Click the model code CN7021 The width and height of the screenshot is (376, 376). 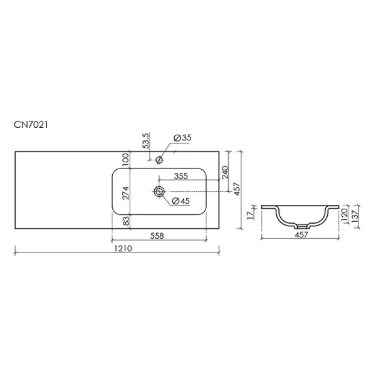click(x=31, y=125)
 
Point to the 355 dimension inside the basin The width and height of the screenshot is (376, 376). click(x=182, y=177)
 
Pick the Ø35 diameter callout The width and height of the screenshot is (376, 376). click(x=181, y=138)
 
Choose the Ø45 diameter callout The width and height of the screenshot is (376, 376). click(x=180, y=201)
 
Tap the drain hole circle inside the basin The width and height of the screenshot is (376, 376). click(x=160, y=192)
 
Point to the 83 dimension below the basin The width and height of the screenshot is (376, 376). click(x=125, y=221)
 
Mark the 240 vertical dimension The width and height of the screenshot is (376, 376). click(x=225, y=172)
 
